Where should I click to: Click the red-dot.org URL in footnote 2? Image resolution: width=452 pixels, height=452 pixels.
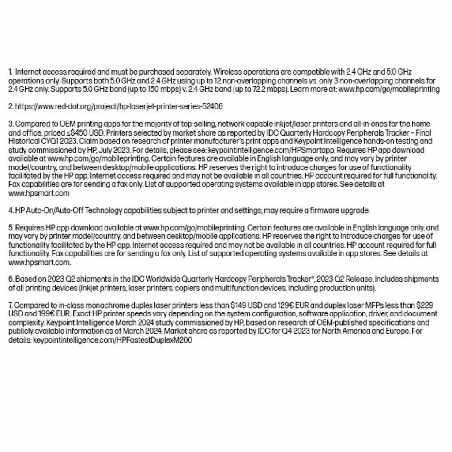(119, 106)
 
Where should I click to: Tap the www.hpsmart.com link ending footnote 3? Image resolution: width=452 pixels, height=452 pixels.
(39, 193)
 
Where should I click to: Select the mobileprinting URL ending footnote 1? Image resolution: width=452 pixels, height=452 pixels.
(389, 89)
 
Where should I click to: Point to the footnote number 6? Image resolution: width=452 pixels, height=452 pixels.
(11, 279)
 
